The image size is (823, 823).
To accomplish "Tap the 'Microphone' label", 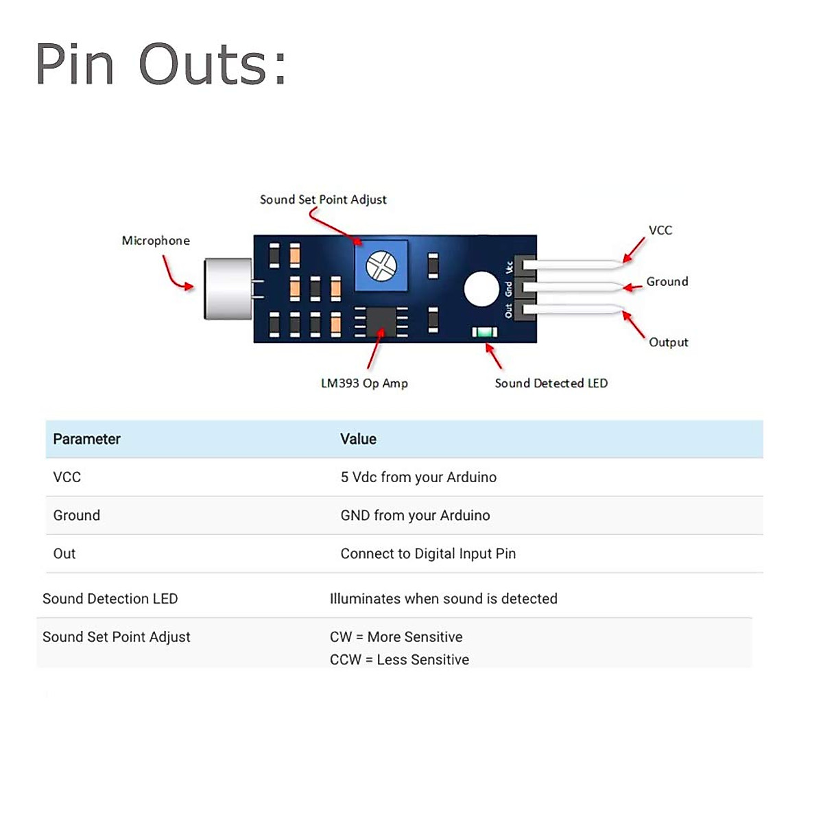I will tap(156, 241).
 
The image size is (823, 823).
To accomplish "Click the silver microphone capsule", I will tap(228, 289).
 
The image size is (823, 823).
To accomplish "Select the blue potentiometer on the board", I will tap(381, 265).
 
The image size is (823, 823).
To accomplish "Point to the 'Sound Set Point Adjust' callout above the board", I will tap(323, 200).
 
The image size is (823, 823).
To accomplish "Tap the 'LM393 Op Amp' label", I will tap(364, 383).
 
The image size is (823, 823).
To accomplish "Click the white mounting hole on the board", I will tap(481, 289).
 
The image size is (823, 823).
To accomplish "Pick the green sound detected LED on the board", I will tap(485, 333).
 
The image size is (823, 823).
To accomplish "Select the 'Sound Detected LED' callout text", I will tap(551, 383).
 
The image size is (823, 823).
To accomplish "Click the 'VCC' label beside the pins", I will tap(660, 230).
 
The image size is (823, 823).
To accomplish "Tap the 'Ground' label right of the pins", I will tap(667, 282).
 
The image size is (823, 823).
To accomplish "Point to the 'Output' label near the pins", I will tap(668, 342).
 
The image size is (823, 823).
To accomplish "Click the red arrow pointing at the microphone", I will tap(176, 274).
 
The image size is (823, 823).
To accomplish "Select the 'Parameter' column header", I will tap(86, 439).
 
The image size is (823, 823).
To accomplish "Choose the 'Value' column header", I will tap(358, 439).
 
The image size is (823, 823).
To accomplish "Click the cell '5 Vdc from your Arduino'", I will tap(418, 477).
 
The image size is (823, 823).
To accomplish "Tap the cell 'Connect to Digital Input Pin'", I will tap(428, 553).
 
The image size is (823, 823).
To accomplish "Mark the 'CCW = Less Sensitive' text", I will tap(399, 660).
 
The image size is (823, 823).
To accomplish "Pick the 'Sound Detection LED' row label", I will tap(110, 599).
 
